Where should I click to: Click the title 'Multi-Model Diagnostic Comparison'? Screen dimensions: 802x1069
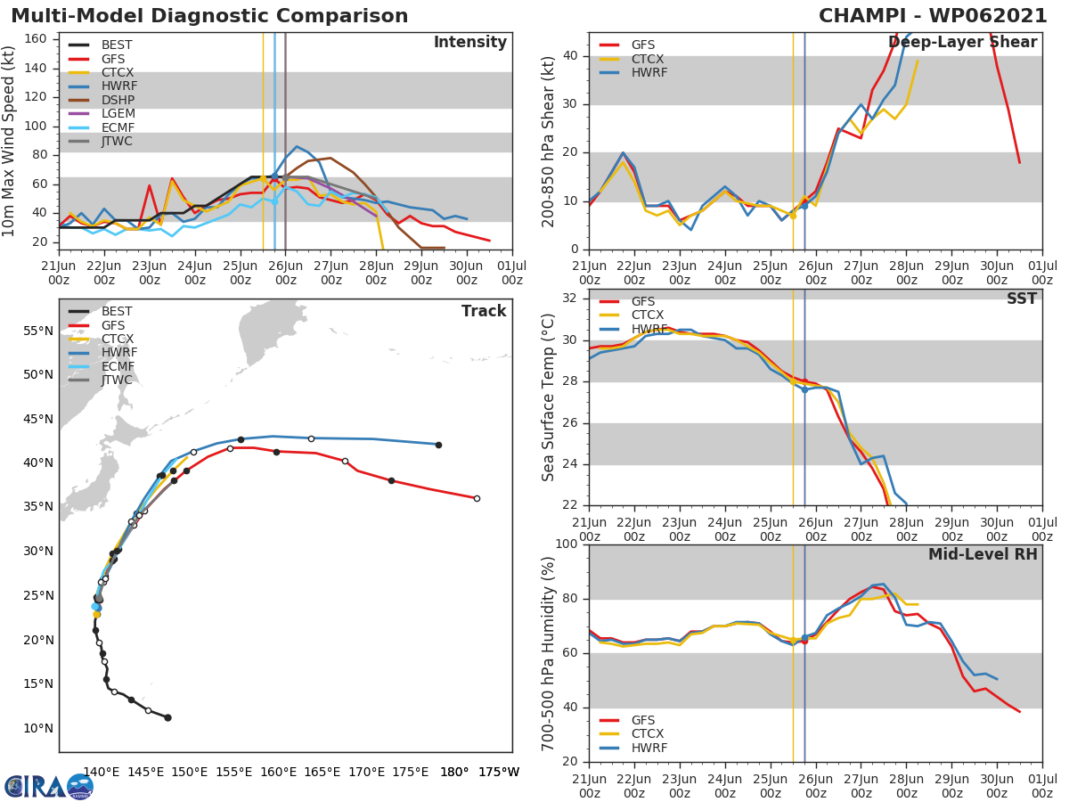point(209,16)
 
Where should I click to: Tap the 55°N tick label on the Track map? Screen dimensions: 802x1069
point(37,331)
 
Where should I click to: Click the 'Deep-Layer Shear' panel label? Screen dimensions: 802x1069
point(962,42)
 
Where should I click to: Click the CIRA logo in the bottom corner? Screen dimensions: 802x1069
point(49,786)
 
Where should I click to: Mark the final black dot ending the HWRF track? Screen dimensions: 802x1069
point(438,445)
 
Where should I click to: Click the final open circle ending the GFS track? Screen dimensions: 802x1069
point(477,498)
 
